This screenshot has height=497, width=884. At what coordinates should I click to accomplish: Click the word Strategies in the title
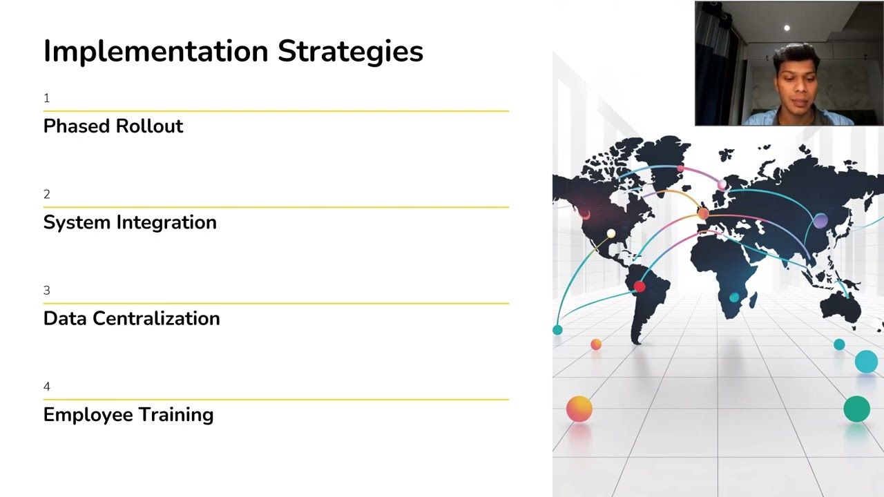pyautogui.click(x=350, y=52)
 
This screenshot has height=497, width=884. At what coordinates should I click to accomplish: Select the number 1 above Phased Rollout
pyautogui.click(x=46, y=99)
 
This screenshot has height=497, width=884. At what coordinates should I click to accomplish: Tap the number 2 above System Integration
pyautogui.click(x=46, y=195)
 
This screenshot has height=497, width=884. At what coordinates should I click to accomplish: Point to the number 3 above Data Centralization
pyautogui.click(x=46, y=291)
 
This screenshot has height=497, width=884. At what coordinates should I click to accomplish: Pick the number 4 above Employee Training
pyautogui.click(x=46, y=387)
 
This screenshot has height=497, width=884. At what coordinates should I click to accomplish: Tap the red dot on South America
pyautogui.click(x=640, y=286)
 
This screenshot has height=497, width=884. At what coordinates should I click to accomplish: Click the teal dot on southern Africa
pyautogui.click(x=734, y=298)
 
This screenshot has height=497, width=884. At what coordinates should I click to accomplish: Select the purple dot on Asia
pyautogui.click(x=820, y=221)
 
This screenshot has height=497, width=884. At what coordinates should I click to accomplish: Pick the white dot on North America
pyautogui.click(x=611, y=233)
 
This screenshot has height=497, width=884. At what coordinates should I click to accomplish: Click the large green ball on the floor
pyautogui.click(x=856, y=409)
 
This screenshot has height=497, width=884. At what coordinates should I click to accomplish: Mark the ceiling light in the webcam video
pyautogui.click(x=787, y=28)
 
